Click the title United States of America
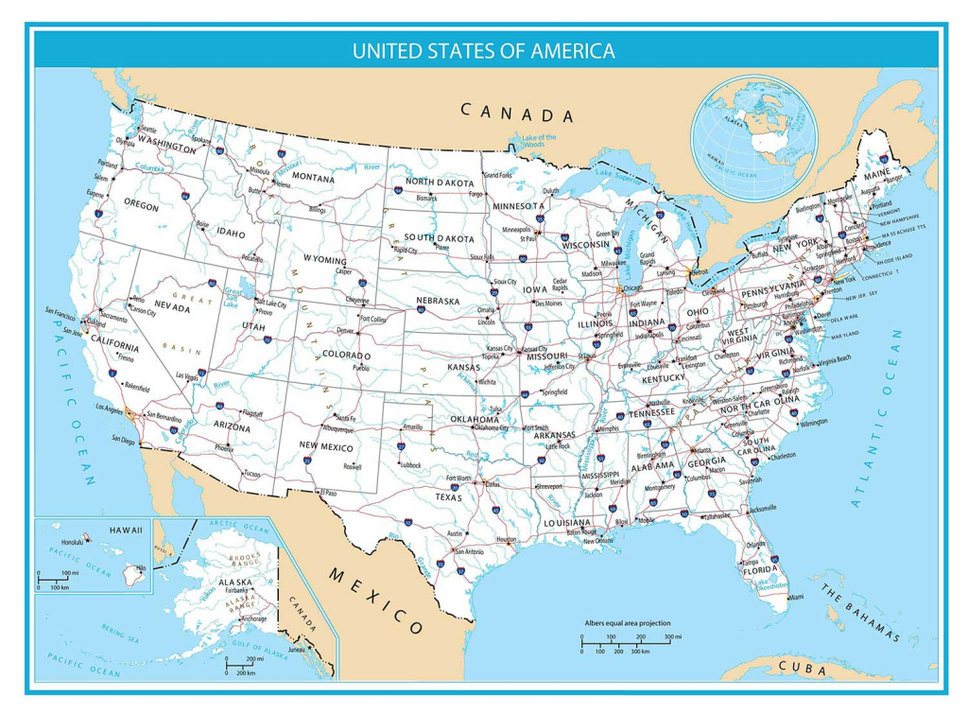(x=483, y=50)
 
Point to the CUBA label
(x=802, y=669)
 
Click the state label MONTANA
(x=312, y=178)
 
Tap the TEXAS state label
(x=448, y=496)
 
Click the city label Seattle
(x=149, y=129)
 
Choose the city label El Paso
(x=328, y=492)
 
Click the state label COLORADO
(x=346, y=356)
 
